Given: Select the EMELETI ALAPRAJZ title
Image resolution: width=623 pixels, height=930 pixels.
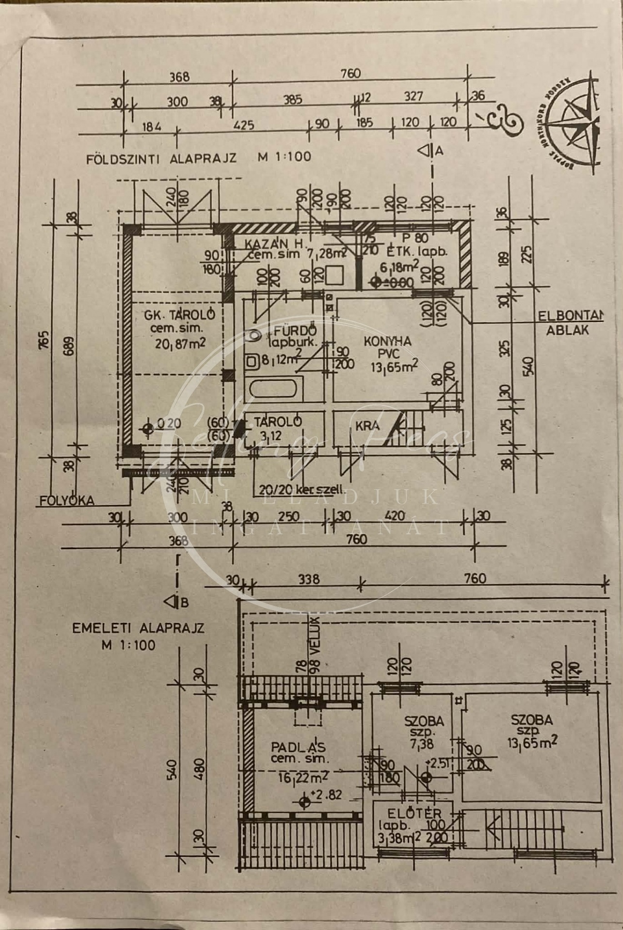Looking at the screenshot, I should tap(138, 628).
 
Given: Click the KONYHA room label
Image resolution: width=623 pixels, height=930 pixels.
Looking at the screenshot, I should tap(387, 341).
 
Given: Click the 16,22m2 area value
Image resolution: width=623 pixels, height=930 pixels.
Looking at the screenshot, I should tap(304, 776).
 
